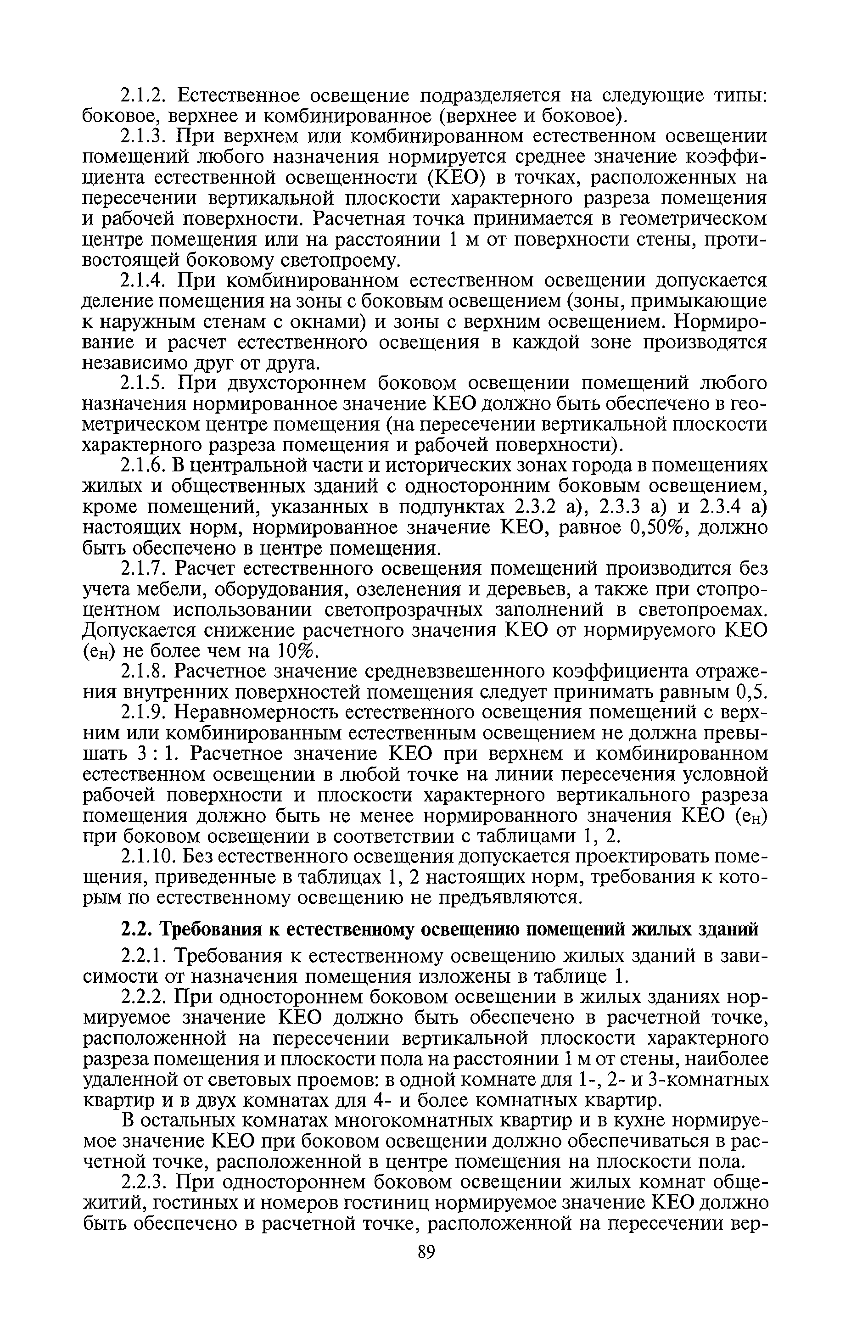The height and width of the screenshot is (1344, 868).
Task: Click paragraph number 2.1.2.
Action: pyautogui.click(x=144, y=96)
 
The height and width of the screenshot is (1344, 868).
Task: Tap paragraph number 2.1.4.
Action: pyautogui.click(x=144, y=280)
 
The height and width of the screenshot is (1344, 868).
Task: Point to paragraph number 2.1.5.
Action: pyautogui.click(x=144, y=383)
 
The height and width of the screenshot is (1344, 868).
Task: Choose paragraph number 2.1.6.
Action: pyautogui.click(x=144, y=466)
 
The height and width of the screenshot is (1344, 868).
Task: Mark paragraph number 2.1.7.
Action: pyautogui.click(x=144, y=569)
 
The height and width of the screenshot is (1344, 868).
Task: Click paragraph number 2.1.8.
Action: pyautogui.click(x=144, y=672)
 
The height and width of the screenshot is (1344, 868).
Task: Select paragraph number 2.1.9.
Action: pyautogui.click(x=144, y=713)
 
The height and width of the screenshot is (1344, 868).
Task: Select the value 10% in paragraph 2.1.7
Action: pyautogui.click(x=297, y=651)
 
